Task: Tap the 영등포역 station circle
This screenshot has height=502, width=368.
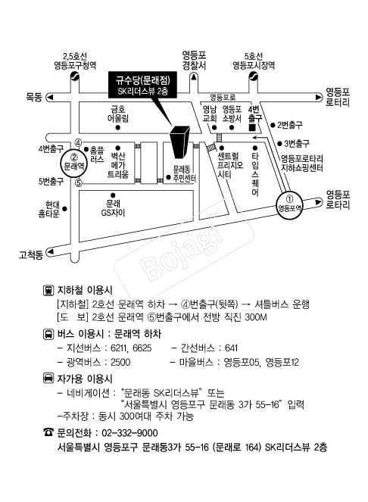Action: click(289, 206)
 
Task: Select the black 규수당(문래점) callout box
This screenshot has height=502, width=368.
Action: click(142, 85)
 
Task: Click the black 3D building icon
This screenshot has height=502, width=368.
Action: click(179, 142)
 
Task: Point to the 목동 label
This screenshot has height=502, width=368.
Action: click(34, 97)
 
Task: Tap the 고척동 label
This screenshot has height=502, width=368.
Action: click(31, 255)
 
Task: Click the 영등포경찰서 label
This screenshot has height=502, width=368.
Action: click(194, 61)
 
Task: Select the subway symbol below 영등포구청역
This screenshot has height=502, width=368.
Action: click(75, 76)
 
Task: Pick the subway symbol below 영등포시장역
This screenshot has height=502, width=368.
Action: click(254, 76)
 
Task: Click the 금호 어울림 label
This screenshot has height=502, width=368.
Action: click(118, 114)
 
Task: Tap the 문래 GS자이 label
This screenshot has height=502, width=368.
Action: click(113, 208)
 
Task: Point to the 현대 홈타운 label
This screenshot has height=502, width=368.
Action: click(50, 209)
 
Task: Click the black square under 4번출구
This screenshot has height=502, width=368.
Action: click(252, 127)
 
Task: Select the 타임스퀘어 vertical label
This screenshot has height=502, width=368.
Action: click(255, 174)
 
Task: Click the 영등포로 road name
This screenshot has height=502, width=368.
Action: click(223, 97)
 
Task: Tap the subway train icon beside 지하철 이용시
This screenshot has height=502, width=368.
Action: click(48, 290)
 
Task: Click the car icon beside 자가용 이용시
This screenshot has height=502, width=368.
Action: click(48, 378)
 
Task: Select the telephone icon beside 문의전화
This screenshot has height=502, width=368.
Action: click(48, 432)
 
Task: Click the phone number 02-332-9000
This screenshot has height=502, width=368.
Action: click(129, 433)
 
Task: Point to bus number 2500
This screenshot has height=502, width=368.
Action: click(120, 362)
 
